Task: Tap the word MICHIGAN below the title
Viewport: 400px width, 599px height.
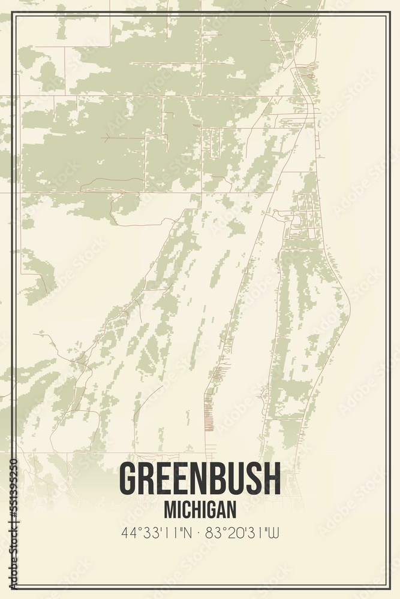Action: coord(200,510)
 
